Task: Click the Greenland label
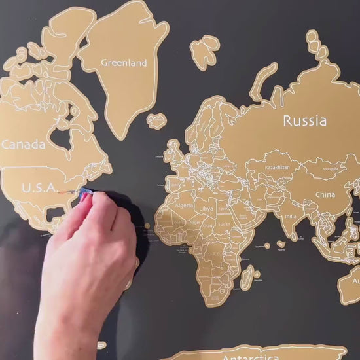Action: pyautogui.click(x=124, y=63)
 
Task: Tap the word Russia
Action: pyautogui.click(x=304, y=120)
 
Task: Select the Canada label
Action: pyautogui.click(x=24, y=145)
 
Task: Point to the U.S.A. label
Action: pyautogui.click(x=39, y=188)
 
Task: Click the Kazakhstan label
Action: pyautogui.click(x=277, y=167)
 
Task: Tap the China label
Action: pyautogui.click(x=325, y=194)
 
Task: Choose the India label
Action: pyautogui.click(x=290, y=217)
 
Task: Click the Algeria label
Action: pyautogui.click(x=184, y=206)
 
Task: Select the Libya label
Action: pyautogui.click(x=206, y=209)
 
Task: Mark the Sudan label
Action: pyautogui.click(x=224, y=224)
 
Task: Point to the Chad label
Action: pyautogui.click(x=207, y=226)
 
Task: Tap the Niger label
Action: pyautogui.click(x=194, y=222)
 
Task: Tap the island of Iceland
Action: pyautogui.click(x=156, y=121)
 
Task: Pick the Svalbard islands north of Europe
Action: pyautogui.click(x=205, y=50)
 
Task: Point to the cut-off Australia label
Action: pyautogui.click(x=356, y=281)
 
